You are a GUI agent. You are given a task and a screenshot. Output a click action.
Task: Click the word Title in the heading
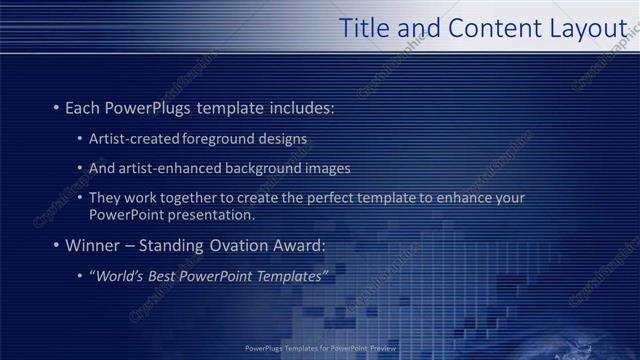(x=364, y=29)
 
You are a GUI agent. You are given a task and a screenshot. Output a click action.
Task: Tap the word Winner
(x=93, y=245)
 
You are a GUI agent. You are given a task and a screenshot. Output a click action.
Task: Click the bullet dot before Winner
(x=56, y=245)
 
